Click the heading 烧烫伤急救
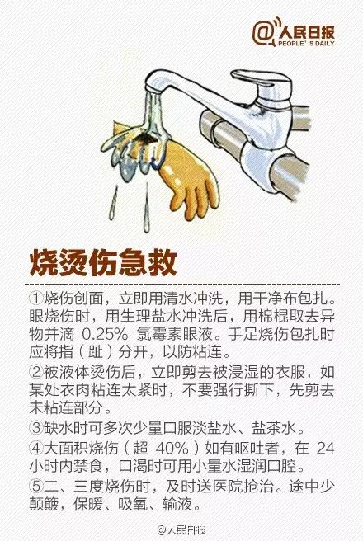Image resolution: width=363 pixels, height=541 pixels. click(103, 263)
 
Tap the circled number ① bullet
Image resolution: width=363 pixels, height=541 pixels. click(35, 298)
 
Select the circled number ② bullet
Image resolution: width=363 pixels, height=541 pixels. click(35, 372)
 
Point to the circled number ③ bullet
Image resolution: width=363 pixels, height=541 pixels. click(35, 428)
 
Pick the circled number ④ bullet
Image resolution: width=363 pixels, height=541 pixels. click(35, 448)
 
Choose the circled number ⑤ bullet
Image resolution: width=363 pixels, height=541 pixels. click(35, 486)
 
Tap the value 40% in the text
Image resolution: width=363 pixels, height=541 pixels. click(172, 448)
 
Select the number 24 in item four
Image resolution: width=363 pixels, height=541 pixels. click(325, 448)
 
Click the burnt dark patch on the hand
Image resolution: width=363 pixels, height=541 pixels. click(146, 139)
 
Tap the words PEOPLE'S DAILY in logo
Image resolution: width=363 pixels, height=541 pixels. click(306, 43)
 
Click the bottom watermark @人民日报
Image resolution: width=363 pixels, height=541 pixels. click(181, 529)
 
